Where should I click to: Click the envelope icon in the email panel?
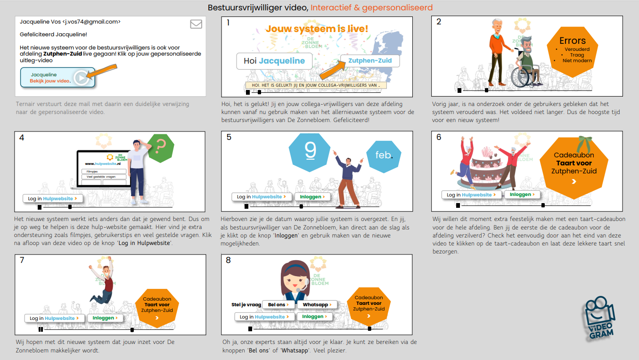click(196, 24)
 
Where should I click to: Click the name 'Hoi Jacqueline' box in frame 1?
click(270, 61)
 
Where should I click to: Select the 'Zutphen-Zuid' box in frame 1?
click(370, 60)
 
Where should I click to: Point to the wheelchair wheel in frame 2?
click(521, 77)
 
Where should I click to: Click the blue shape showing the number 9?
click(310, 151)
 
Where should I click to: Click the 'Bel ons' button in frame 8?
click(278, 305)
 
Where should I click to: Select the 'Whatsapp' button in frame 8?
click(317, 305)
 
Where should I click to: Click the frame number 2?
click(439, 22)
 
